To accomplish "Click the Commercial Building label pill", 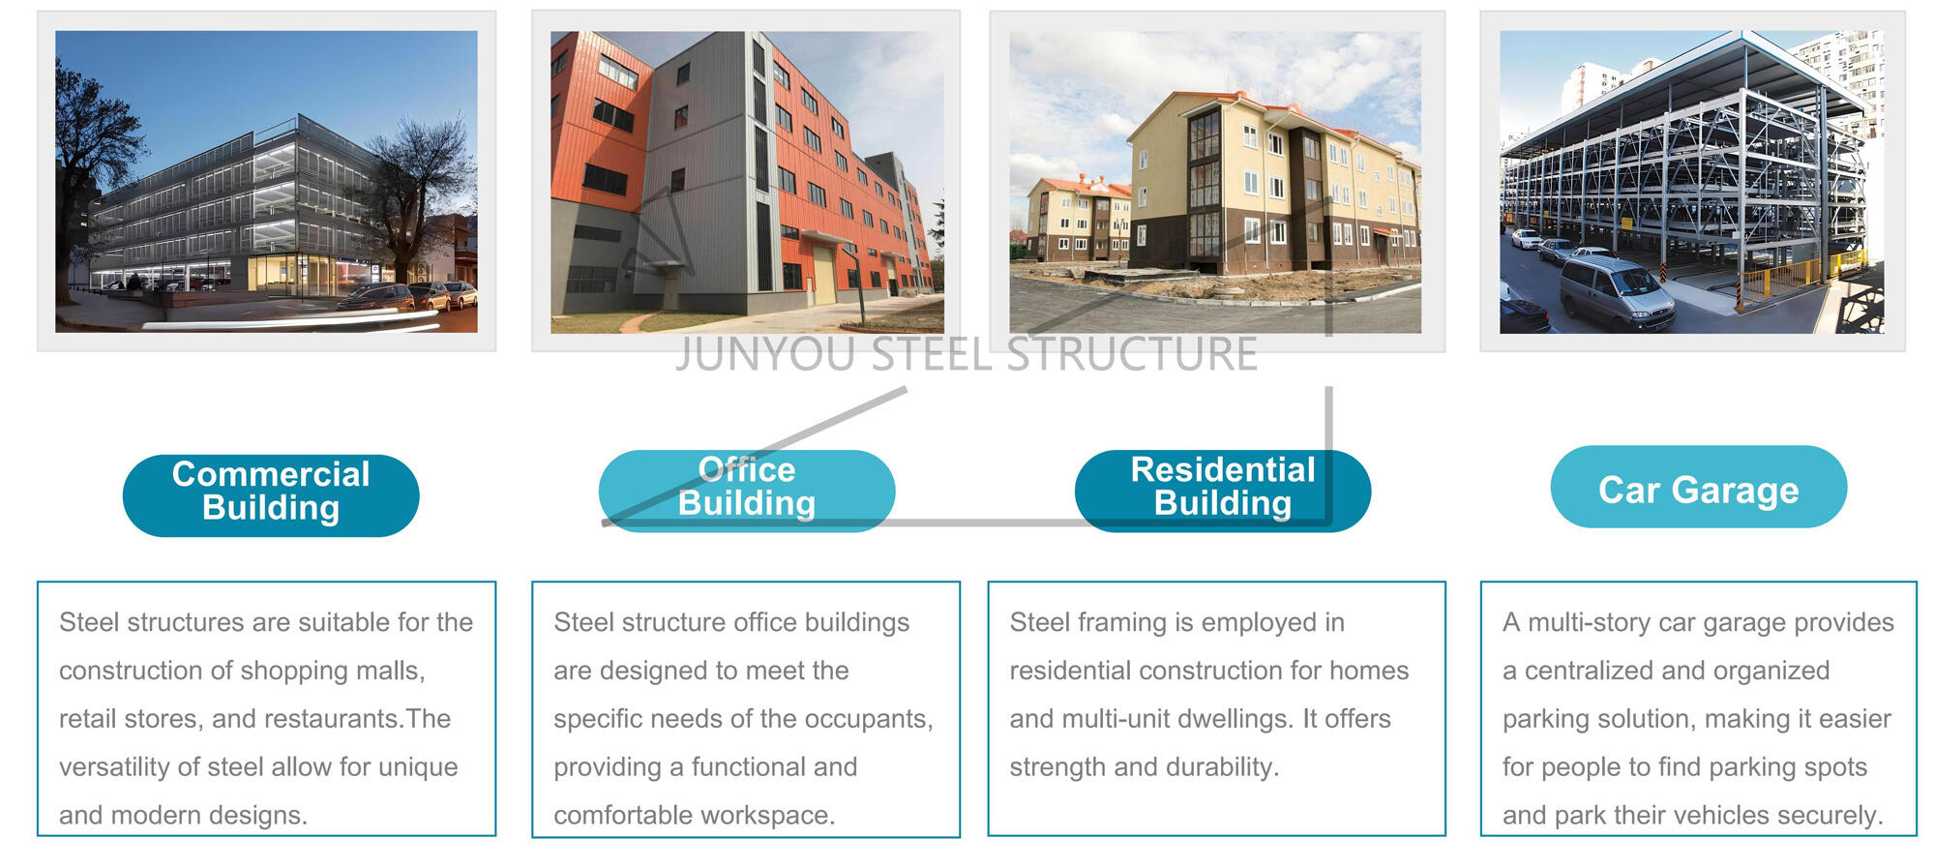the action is click(x=271, y=495).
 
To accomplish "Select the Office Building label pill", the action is click(x=747, y=491).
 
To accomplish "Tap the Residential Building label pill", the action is click(x=1223, y=491).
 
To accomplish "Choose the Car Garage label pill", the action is click(x=1699, y=487).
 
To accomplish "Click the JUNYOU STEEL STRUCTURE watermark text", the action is click(x=967, y=355).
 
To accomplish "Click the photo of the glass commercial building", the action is click(x=266, y=182).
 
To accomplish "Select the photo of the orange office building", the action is click(x=747, y=182).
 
